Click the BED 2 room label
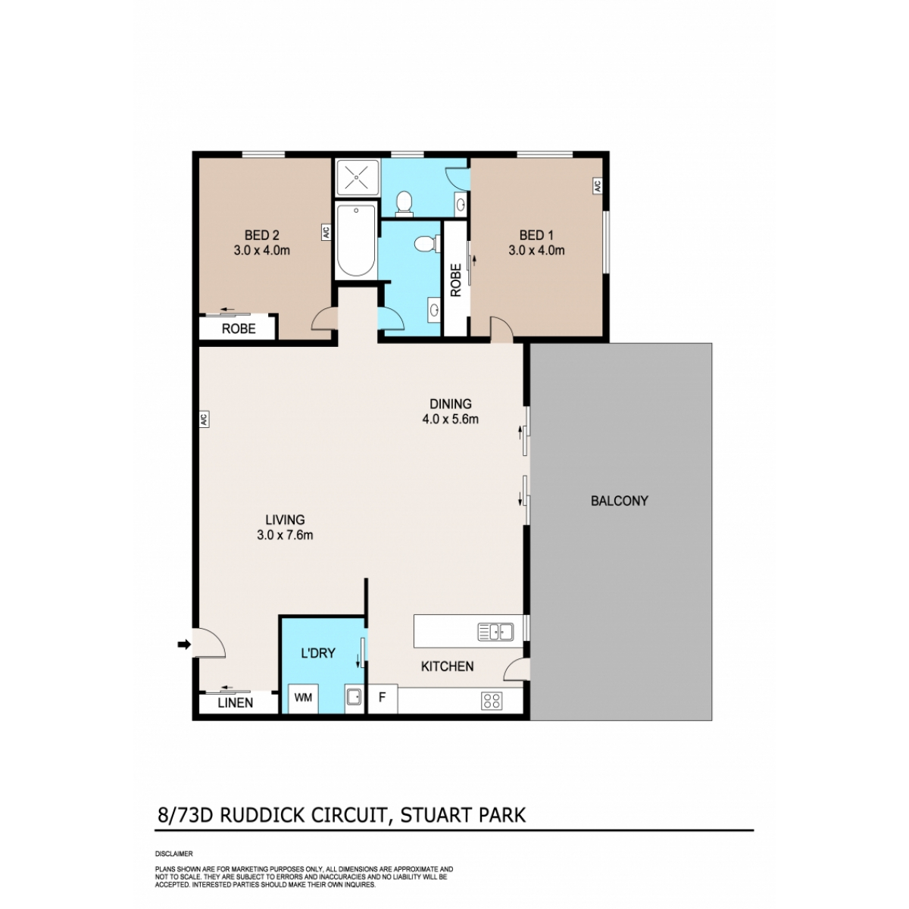[261, 235]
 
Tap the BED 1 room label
[536, 235]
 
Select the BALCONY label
[619, 501]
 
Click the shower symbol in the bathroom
[357, 178]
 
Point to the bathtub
[356, 241]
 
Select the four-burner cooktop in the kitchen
[492, 701]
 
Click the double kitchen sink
[495, 632]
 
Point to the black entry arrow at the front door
[184, 644]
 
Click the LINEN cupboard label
[236, 703]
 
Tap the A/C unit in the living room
[204, 420]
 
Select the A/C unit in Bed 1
[597, 186]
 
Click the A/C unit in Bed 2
[326, 233]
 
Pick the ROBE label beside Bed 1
[456, 280]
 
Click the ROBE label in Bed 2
[239, 328]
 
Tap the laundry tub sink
[354, 696]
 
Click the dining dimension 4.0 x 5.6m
[451, 419]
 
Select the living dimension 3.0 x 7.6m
[285, 536]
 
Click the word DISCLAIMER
[173, 854]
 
